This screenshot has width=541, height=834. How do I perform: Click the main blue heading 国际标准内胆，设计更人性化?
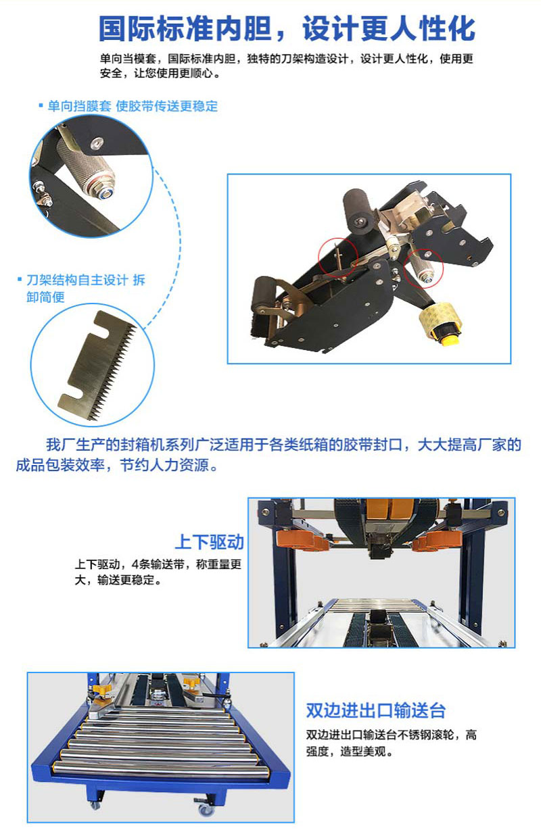pyautogui.click(x=287, y=28)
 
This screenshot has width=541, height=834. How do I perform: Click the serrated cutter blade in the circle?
pyautogui.click(x=97, y=366)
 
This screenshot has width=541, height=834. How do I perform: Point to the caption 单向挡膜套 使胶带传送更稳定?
pyautogui.click(x=128, y=107)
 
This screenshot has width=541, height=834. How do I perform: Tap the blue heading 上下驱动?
pyautogui.click(x=210, y=542)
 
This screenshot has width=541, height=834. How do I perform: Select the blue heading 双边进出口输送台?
pyautogui.click(x=375, y=710)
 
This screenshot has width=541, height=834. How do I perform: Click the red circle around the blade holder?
pyautogui.click(x=338, y=257)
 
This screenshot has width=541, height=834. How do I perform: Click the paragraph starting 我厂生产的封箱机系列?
pyautogui.click(x=268, y=455)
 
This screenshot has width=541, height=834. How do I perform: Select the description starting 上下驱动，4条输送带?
pyautogui.click(x=158, y=572)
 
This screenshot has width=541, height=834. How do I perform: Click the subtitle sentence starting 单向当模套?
pyautogui.click(x=286, y=66)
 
